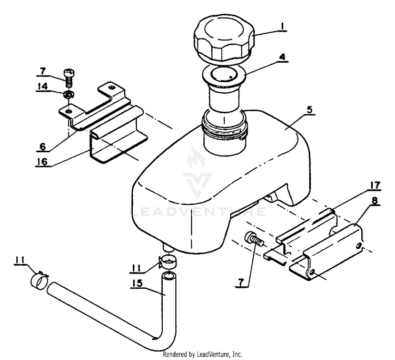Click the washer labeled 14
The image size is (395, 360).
click(x=68, y=95)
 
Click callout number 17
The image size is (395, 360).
click(x=376, y=185)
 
